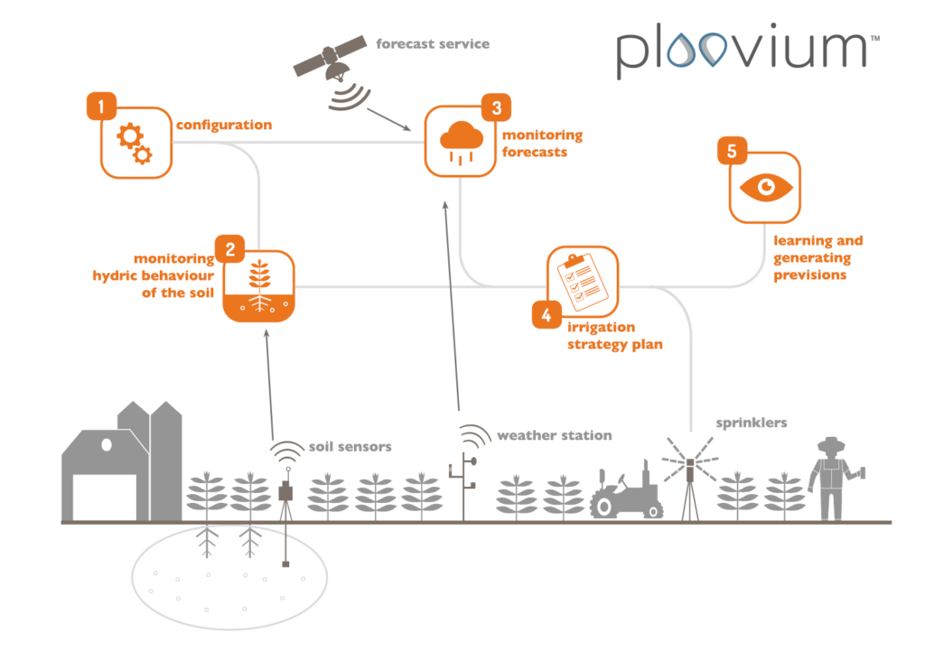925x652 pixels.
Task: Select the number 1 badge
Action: click(100, 107)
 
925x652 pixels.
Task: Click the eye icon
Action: click(766, 186)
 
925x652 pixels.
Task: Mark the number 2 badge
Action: click(229, 249)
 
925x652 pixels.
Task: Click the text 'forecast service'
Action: click(433, 42)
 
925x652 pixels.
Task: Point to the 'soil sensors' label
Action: click(350, 446)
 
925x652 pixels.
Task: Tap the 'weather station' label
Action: click(554, 435)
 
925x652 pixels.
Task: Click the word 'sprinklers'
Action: click(752, 422)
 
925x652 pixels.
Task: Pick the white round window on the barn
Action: click(108, 445)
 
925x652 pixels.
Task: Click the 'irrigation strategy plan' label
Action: click(609, 335)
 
